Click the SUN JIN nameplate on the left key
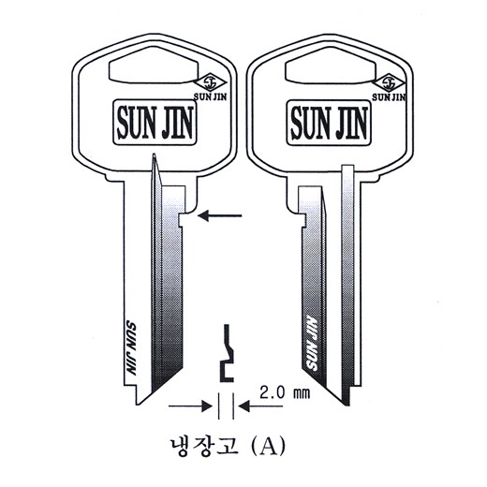155,123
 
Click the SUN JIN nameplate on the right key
329,123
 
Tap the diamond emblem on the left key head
210,82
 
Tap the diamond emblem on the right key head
389,83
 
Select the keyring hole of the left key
154,66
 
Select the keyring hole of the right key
331,66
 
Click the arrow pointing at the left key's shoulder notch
220,215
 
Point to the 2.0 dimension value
273,392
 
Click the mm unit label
302,394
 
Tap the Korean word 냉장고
204,446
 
